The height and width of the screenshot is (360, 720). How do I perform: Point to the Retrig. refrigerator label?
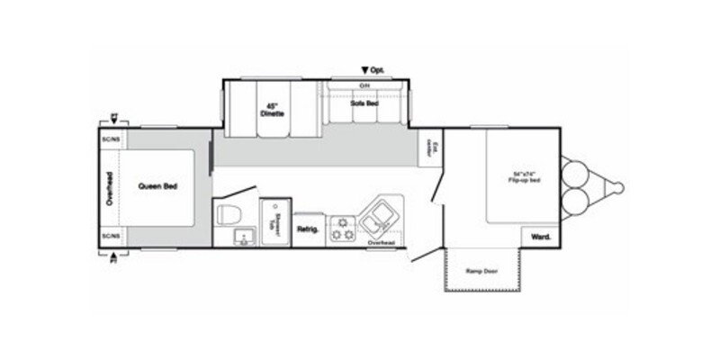pos(308,229)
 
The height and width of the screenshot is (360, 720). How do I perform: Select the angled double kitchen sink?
pos(379,217)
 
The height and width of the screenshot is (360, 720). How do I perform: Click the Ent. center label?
pos(435,148)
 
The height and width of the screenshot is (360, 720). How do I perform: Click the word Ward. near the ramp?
pos(540,237)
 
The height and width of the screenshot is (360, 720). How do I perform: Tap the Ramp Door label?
pos(481,270)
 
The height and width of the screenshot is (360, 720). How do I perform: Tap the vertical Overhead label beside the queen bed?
pos(108,187)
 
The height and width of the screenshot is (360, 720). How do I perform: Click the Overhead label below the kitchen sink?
pos(382,243)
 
